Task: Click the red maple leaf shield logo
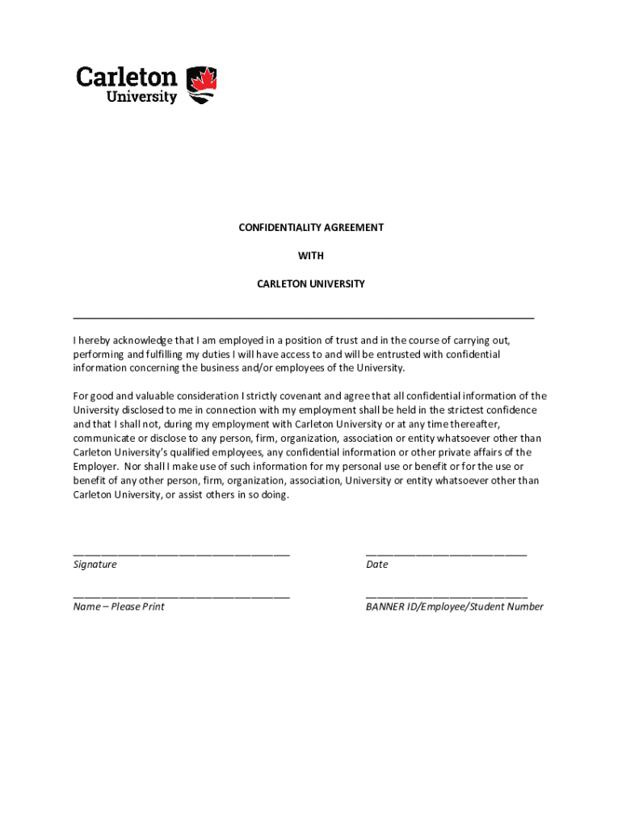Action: [x=202, y=85]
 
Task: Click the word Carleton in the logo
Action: [x=127, y=77]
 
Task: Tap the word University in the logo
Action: [x=141, y=97]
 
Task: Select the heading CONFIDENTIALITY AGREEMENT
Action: [x=311, y=228]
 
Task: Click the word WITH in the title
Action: [x=311, y=256]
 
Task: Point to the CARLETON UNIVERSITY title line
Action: [x=311, y=284]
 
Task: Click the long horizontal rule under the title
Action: [x=304, y=318]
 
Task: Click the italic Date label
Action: [x=376, y=565]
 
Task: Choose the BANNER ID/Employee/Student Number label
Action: [x=455, y=607]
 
